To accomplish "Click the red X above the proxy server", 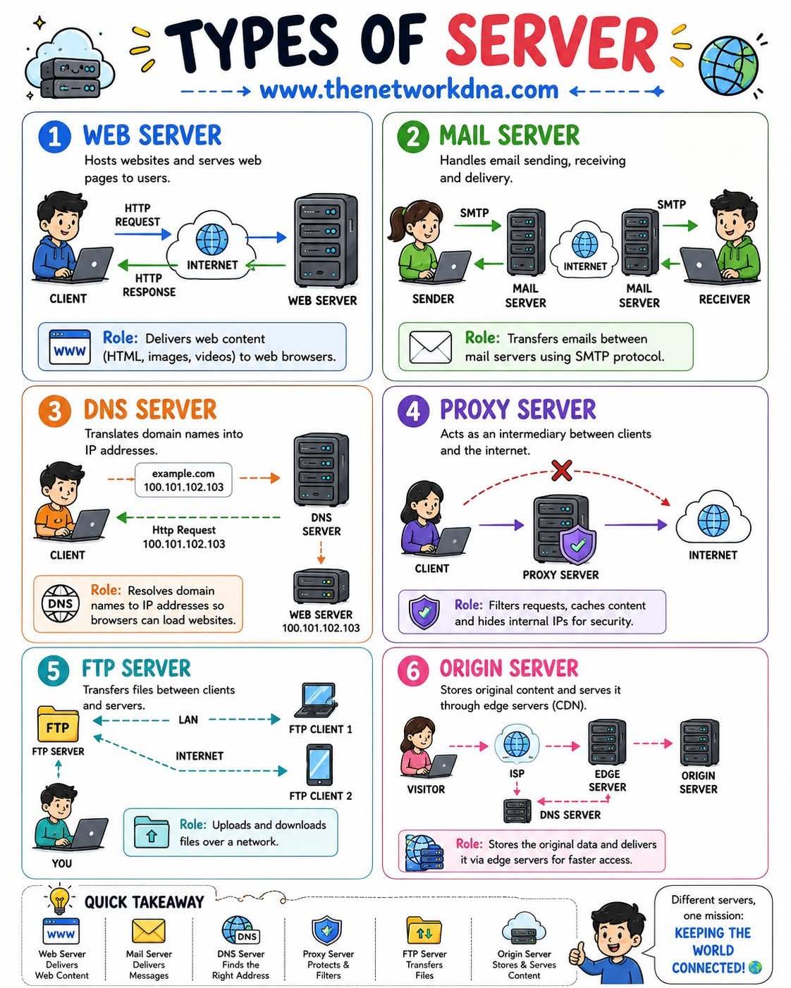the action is [561, 470].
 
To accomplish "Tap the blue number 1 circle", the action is [55, 137].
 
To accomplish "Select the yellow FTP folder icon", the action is [58, 724].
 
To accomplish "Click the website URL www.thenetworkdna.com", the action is [409, 89].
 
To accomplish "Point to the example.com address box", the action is [183, 480].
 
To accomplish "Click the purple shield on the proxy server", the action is [578, 545].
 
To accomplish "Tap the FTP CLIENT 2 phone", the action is [319, 765].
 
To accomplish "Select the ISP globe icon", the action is [516, 744].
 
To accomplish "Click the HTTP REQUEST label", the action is [137, 215].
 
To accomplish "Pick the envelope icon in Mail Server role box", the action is [431, 347].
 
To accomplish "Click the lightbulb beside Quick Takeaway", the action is [59, 900].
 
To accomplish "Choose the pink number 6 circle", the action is [413, 671].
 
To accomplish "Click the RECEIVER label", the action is [725, 300].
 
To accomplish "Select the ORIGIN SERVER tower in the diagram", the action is [699, 742].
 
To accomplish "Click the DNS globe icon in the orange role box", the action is [60, 604].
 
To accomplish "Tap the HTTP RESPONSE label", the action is [149, 285].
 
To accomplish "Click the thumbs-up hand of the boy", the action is [577, 953].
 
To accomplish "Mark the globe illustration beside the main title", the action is [728, 66].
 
